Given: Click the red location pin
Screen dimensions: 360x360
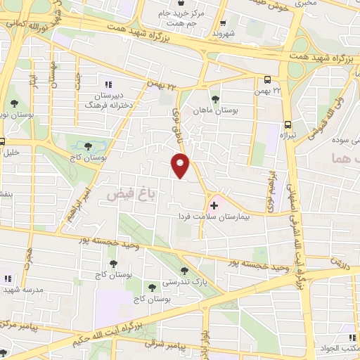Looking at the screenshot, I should click(181, 167).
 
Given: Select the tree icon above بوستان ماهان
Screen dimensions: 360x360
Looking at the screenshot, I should click(214, 100).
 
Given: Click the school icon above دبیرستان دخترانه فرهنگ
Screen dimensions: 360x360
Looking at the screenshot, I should click(108, 85).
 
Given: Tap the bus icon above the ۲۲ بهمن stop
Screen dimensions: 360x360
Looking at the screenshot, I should click(268, 80).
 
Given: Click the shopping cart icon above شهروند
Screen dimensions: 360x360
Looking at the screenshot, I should click(224, 23).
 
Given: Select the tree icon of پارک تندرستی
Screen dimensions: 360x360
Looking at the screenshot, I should click(184, 269).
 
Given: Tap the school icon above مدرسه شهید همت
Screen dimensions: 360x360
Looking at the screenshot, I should click(8, 278).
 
